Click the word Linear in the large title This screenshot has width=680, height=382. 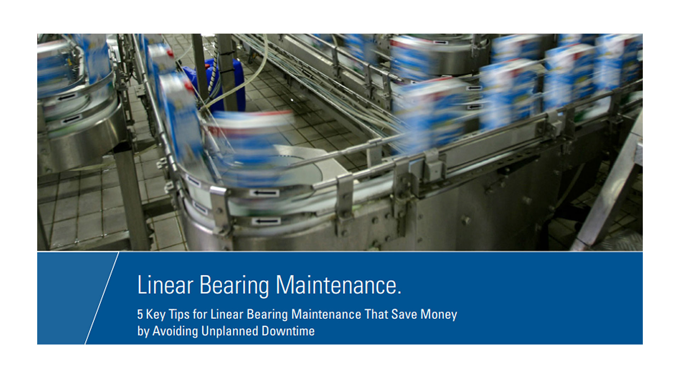(165, 285)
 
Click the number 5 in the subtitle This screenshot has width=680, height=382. (140, 314)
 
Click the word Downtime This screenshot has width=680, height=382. (288, 331)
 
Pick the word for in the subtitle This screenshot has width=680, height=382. (200, 314)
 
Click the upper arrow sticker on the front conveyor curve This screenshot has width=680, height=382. (264, 193)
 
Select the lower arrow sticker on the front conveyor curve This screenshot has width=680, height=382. (266, 221)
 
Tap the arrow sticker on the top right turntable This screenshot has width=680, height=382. (441, 43)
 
